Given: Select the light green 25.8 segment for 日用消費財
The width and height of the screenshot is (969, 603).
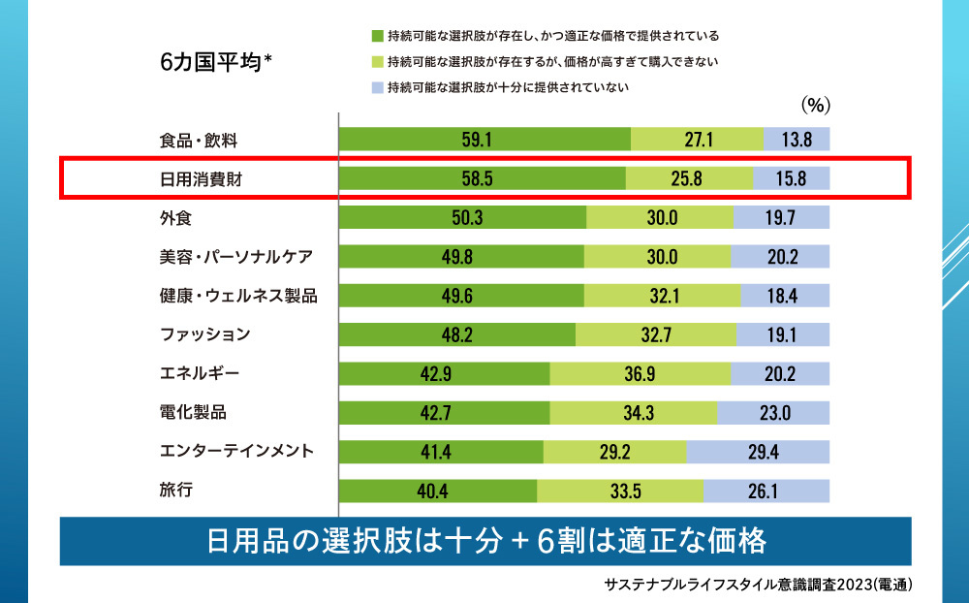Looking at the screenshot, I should pyautogui.click(x=689, y=178).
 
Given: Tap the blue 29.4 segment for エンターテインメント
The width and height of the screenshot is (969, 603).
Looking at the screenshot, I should pyautogui.click(x=758, y=452).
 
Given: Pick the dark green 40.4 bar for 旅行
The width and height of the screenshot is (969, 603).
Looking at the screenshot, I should pyautogui.click(x=438, y=491).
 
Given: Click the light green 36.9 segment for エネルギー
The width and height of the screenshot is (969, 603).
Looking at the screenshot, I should pyautogui.click(x=640, y=373).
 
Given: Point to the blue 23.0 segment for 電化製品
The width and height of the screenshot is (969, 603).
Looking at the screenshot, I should pyautogui.click(x=773, y=412).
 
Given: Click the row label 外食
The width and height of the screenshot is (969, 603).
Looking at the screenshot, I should pyautogui.click(x=175, y=217).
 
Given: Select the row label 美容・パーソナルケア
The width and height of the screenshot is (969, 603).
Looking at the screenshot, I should pyautogui.click(x=236, y=256).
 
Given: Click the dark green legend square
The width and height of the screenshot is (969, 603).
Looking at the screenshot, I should pyautogui.click(x=377, y=37).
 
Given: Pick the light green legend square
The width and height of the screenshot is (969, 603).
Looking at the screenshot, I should pyautogui.click(x=377, y=62).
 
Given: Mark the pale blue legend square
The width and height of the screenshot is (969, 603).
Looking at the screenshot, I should pyautogui.click(x=377, y=87).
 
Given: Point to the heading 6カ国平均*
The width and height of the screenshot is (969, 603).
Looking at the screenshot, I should pyautogui.click(x=215, y=62).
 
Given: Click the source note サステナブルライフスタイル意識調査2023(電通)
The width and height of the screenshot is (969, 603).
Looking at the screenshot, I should pyautogui.click(x=758, y=585).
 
